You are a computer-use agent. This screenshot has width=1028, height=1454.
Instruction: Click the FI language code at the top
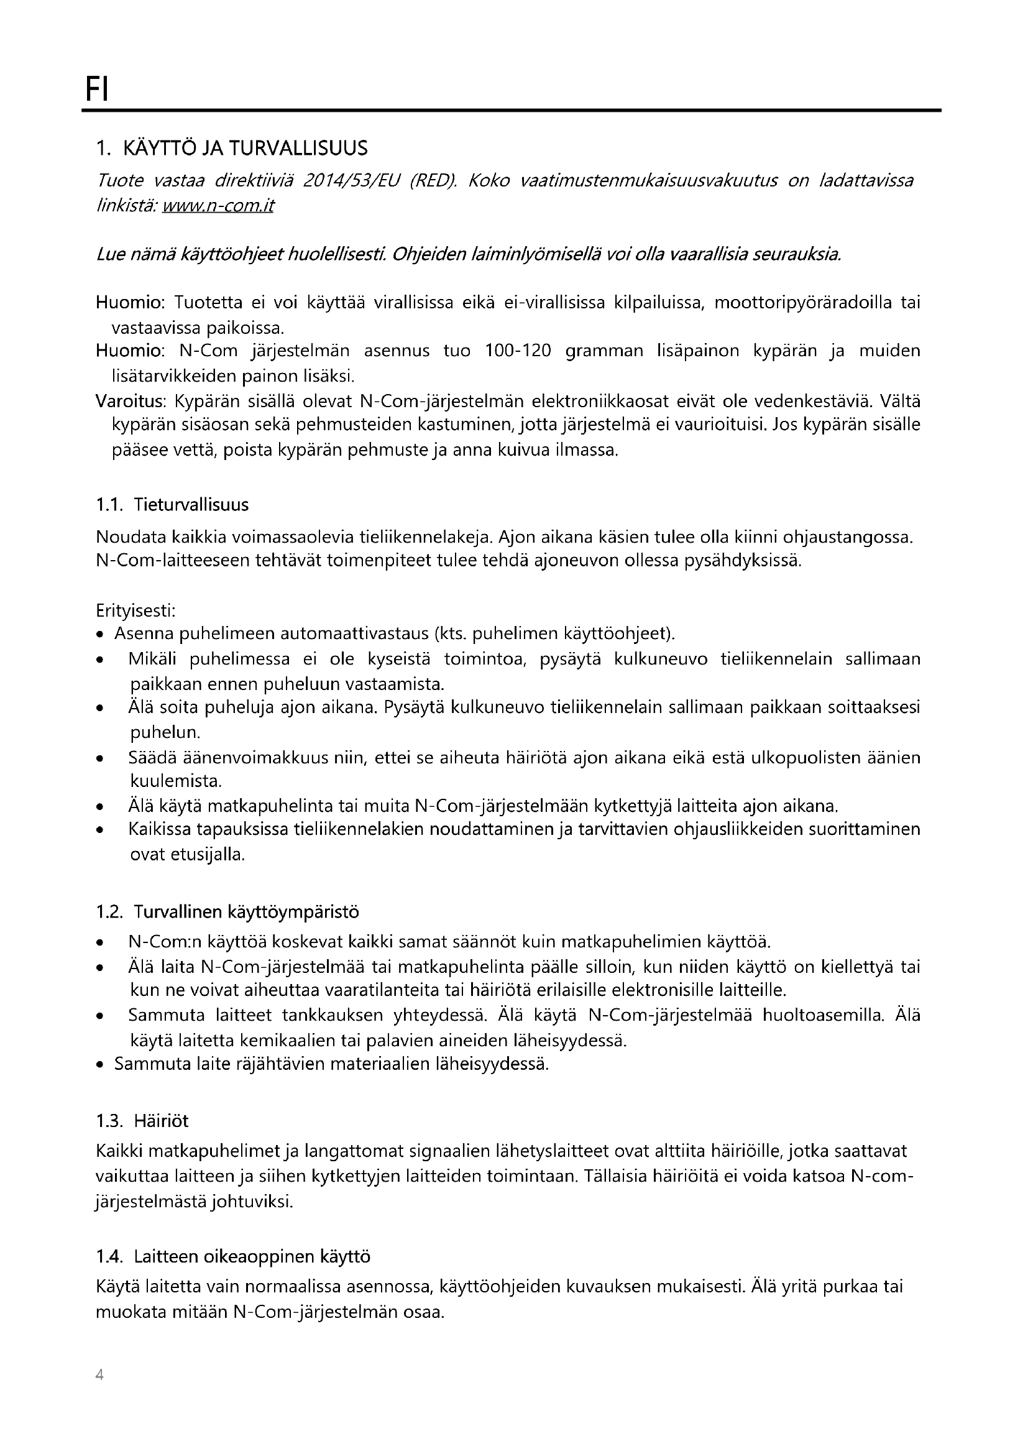coord(97,90)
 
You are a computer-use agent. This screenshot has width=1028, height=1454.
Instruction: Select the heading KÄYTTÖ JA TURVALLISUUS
coord(245,149)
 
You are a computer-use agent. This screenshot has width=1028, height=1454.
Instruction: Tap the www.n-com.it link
coord(218,207)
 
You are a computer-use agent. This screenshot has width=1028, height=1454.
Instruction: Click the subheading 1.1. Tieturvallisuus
coord(172,505)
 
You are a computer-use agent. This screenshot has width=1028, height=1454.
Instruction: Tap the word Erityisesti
coord(135,611)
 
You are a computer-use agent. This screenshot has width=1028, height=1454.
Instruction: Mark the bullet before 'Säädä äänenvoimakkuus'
coord(100,758)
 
